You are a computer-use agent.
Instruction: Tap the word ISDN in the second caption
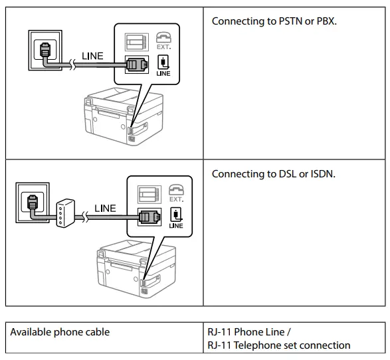[319, 174]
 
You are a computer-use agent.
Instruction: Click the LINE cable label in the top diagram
[92, 56]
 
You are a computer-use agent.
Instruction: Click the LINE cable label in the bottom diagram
[104, 208]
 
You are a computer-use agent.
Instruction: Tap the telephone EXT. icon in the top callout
[163, 42]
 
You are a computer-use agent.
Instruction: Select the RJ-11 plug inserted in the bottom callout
[147, 217]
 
